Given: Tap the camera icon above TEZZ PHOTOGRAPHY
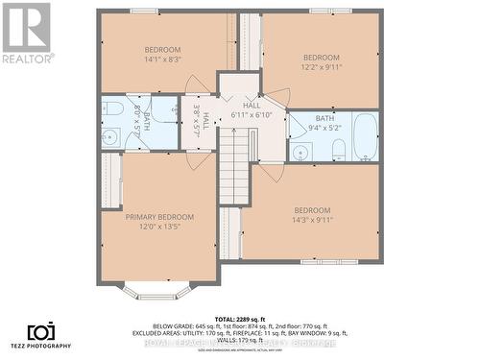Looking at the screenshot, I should click(39, 332).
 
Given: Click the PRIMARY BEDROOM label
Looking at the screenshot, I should click(159, 217).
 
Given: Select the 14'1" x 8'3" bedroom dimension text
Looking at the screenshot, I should click(162, 60).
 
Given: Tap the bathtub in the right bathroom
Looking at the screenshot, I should click(365, 136).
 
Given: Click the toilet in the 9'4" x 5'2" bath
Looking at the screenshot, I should click(338, 149).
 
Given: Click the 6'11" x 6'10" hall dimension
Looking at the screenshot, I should click(252, 115).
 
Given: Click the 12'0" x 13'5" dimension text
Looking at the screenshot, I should click(159, 228).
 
